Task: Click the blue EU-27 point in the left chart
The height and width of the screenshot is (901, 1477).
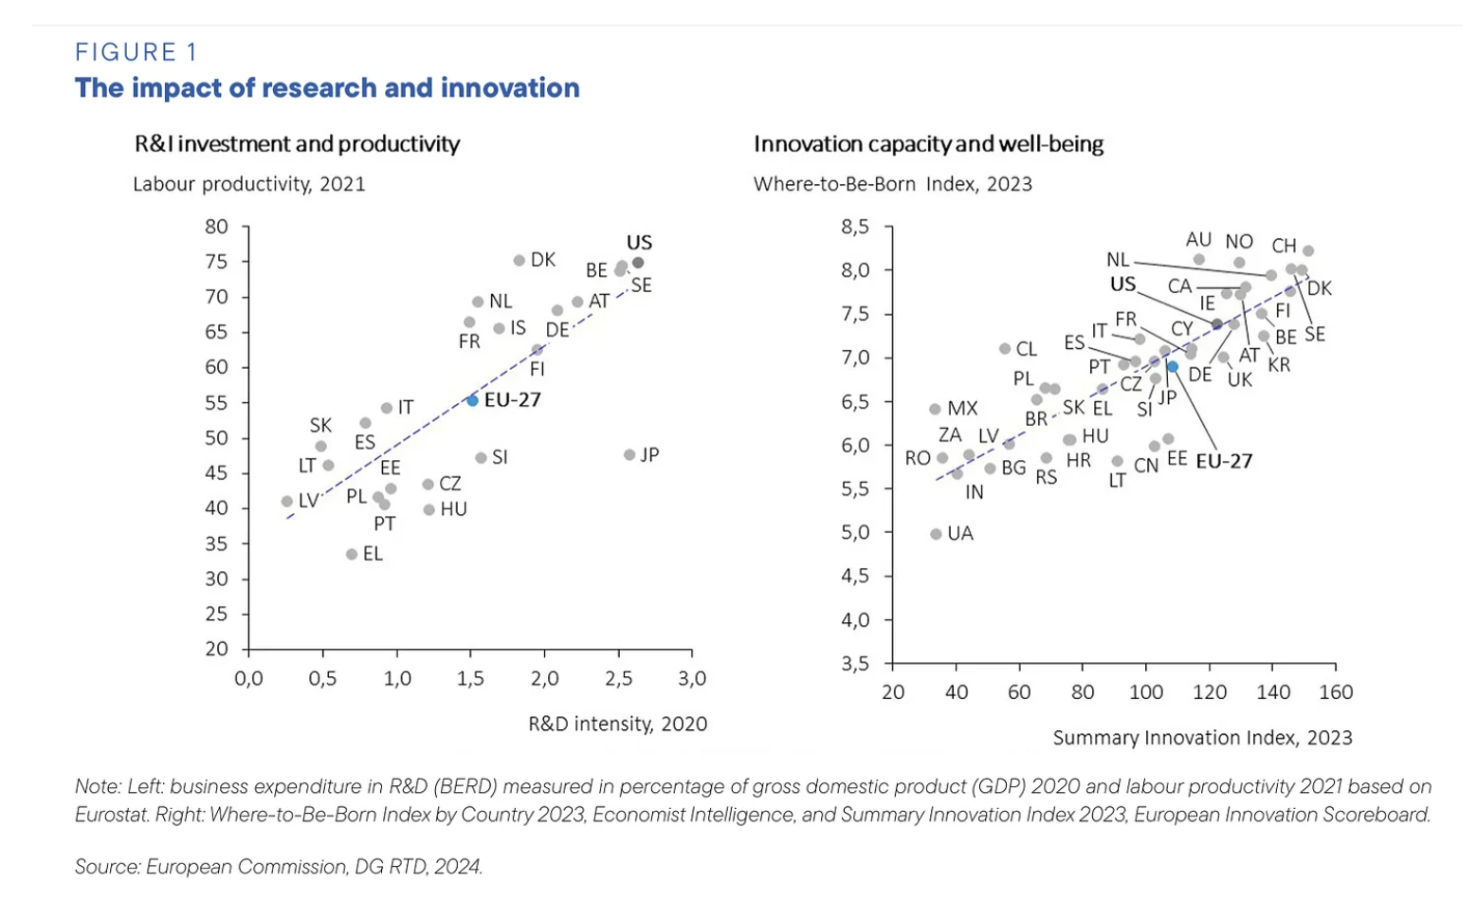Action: pyautogui.click(x=472, y=400)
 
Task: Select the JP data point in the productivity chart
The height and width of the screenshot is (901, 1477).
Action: pyautogui.click(x=629, y=455)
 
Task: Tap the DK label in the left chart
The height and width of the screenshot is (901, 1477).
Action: pyautogui.click(x=542, y=260)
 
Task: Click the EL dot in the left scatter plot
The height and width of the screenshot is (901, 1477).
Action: pyautogui.click(x=352, y=554)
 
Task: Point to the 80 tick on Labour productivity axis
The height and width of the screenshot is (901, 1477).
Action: pyautogui.click(x=216, y=227)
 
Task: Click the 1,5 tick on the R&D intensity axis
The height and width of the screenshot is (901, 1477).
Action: pyautogui.click(x=470, y=678)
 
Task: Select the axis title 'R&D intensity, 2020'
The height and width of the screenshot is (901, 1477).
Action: pyautogui.click(x=617, y=724)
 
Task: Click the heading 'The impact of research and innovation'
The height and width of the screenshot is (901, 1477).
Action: pyautogui.click(x=327, y=88)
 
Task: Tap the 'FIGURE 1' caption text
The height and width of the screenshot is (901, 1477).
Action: pyautogui.click(x=137, y=52)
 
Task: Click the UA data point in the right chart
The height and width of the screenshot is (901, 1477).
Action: pyautogui.click(x=936, y=534)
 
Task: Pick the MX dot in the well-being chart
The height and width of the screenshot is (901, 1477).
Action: pyautogui.click(x=935, y=410)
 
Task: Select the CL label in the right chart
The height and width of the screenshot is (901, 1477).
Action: pyautogui.click(x=1027, y=349)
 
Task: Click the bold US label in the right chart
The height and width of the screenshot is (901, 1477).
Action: pyautogui.click(x=1122, y=285)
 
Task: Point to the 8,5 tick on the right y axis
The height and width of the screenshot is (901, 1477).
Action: pyautogui.click(x=855, y=227)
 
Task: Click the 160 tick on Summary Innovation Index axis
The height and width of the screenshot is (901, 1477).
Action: pyautogui.click(x=1336, y=692)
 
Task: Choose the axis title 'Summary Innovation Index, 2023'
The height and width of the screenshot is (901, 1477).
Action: pyautogui.click(x=1202, y=738)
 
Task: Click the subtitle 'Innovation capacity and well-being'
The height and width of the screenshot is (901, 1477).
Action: pyautogui.click(x=928, y=144)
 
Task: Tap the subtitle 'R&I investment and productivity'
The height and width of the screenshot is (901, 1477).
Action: pyautogui.click(x=297, y=144)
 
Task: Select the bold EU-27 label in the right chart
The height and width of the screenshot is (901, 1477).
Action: pyautogui.click(x=1224, y=462)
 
